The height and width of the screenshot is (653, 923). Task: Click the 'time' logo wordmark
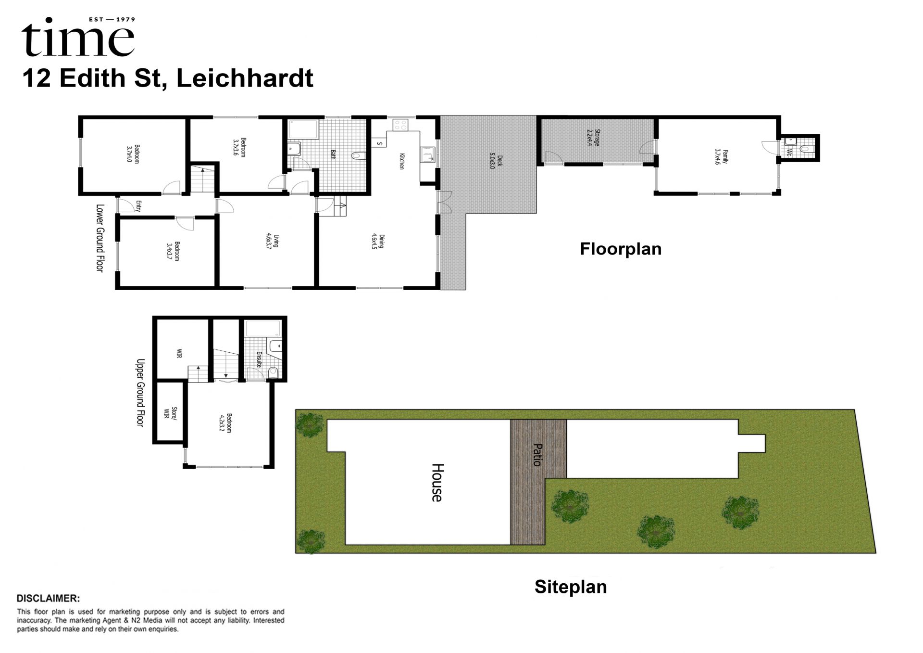(78, 38)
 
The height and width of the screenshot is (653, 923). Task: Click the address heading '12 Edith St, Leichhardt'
(168, 78)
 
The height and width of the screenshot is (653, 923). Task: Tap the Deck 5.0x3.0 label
(496, 161)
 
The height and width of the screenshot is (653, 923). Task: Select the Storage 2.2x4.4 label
(594, 138)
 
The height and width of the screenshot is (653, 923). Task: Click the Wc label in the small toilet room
(789, 153)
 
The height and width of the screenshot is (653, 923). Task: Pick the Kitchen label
(402, 161)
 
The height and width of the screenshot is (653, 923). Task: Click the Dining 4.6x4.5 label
(378, 242)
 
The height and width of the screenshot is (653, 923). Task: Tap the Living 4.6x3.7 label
(272, 241)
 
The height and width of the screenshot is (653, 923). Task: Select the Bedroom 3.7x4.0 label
(133, 154)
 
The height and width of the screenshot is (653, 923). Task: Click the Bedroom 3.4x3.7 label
(173, 251)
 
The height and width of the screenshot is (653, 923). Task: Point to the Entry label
(138, 206)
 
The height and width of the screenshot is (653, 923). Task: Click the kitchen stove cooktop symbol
(400, 125)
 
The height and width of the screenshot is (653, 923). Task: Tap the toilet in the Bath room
(359, 156)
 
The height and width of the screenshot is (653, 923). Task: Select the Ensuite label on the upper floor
(259, 359)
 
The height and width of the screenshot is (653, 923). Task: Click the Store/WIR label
(170, 413)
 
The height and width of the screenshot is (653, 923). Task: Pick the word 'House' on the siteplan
(437, 483)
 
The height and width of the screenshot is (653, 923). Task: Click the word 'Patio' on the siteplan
(538, 455)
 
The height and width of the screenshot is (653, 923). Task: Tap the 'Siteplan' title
(571, 587)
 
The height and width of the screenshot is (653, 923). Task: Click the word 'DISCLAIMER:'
(48, 599)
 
